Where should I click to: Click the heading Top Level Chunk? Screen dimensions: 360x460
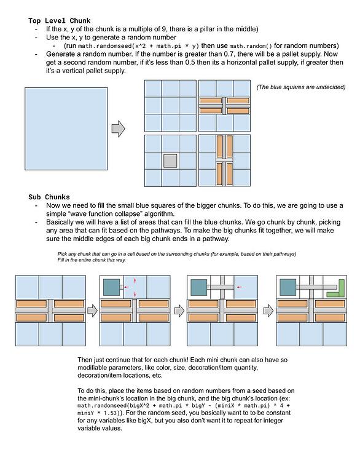click(x=59, y=21)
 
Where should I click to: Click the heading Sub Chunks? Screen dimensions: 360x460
click(x=49, y=197)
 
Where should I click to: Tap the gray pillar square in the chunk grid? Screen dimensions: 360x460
click(x=170, y=161)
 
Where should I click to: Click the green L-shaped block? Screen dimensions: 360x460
click(x=336, y=289)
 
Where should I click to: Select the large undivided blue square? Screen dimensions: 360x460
click(x=66, y=129)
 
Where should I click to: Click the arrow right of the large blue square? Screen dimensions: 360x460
click(x=119, y=129)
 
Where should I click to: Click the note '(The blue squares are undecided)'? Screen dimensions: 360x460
click(x=301, y=87)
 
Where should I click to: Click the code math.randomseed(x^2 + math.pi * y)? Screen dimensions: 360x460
click(x=138, y=46)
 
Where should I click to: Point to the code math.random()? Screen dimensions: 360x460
click(x=251, y=46)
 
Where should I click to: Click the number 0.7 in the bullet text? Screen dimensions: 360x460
click(x=229, y=54)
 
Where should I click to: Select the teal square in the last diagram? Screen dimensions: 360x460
click(x=288, y=287)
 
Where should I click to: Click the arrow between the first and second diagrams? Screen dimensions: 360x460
click(x=93, y=311)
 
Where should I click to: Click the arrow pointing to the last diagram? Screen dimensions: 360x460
click(x=268, y=311)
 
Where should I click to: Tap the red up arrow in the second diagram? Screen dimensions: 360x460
click(x=135, y=280)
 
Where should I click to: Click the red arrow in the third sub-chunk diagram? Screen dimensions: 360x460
click(x=240, y=287)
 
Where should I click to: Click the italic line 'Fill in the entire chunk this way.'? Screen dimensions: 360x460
click(x=92, y=260)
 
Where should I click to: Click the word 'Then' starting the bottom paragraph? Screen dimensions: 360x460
click(x=84, y=360)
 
